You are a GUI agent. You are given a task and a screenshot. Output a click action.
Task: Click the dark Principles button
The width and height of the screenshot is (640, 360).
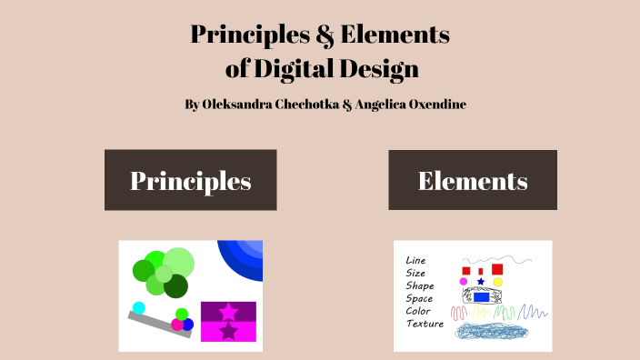point(190,180)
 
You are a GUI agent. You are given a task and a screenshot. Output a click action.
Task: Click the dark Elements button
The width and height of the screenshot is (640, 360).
point(473,180)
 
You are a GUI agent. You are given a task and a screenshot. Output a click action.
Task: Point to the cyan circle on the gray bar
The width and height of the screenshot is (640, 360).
point(139,307)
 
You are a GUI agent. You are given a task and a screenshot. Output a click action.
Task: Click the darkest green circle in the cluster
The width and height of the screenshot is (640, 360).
point(175,286)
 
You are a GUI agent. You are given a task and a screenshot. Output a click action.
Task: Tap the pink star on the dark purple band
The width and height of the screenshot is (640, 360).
point(228,312)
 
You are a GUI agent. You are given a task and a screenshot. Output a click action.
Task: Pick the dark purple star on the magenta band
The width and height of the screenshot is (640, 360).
point(228,332)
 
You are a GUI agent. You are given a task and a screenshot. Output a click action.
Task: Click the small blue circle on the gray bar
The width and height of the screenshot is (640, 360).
point(188,325)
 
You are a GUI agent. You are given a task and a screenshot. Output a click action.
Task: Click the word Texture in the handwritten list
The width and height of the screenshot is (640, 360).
point(425,324)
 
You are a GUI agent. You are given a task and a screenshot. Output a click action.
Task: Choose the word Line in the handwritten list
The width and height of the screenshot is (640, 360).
point(415,260)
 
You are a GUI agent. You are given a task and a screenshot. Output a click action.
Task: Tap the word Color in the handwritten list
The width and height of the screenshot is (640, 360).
point(418,311)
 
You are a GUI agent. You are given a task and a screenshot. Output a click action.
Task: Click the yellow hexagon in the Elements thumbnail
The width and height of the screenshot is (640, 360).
point(498,282)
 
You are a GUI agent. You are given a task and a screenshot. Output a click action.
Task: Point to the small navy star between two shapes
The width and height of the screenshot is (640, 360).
point(481,282)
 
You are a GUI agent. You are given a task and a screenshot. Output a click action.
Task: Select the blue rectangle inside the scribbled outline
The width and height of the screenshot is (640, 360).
point(482,297)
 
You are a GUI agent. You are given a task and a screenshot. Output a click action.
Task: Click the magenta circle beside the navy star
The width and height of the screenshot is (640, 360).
point(464,282)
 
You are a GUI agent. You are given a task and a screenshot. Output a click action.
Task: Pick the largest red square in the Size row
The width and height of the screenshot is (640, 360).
point(497,269)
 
